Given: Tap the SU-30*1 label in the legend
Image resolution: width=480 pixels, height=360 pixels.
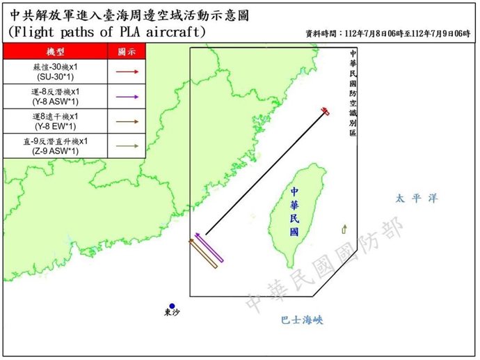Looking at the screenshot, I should coord(54,77).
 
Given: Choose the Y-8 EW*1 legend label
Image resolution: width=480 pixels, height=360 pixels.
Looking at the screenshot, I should coord(54,127).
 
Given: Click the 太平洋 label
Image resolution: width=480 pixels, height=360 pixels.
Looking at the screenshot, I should coord(416,198).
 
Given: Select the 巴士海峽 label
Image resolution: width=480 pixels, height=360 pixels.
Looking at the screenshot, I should coord(302,320).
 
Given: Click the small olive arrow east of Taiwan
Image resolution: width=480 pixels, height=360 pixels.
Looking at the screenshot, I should coord(344,229).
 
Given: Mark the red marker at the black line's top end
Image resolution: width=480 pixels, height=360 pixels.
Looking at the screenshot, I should coord(325,111).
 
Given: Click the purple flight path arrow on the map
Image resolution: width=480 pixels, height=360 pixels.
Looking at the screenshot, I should coord(209,248).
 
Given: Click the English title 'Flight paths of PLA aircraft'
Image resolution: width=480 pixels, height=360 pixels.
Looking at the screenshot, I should coord(107,32).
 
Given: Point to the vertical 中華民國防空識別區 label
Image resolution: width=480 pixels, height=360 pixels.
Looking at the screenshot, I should coord(353,93).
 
